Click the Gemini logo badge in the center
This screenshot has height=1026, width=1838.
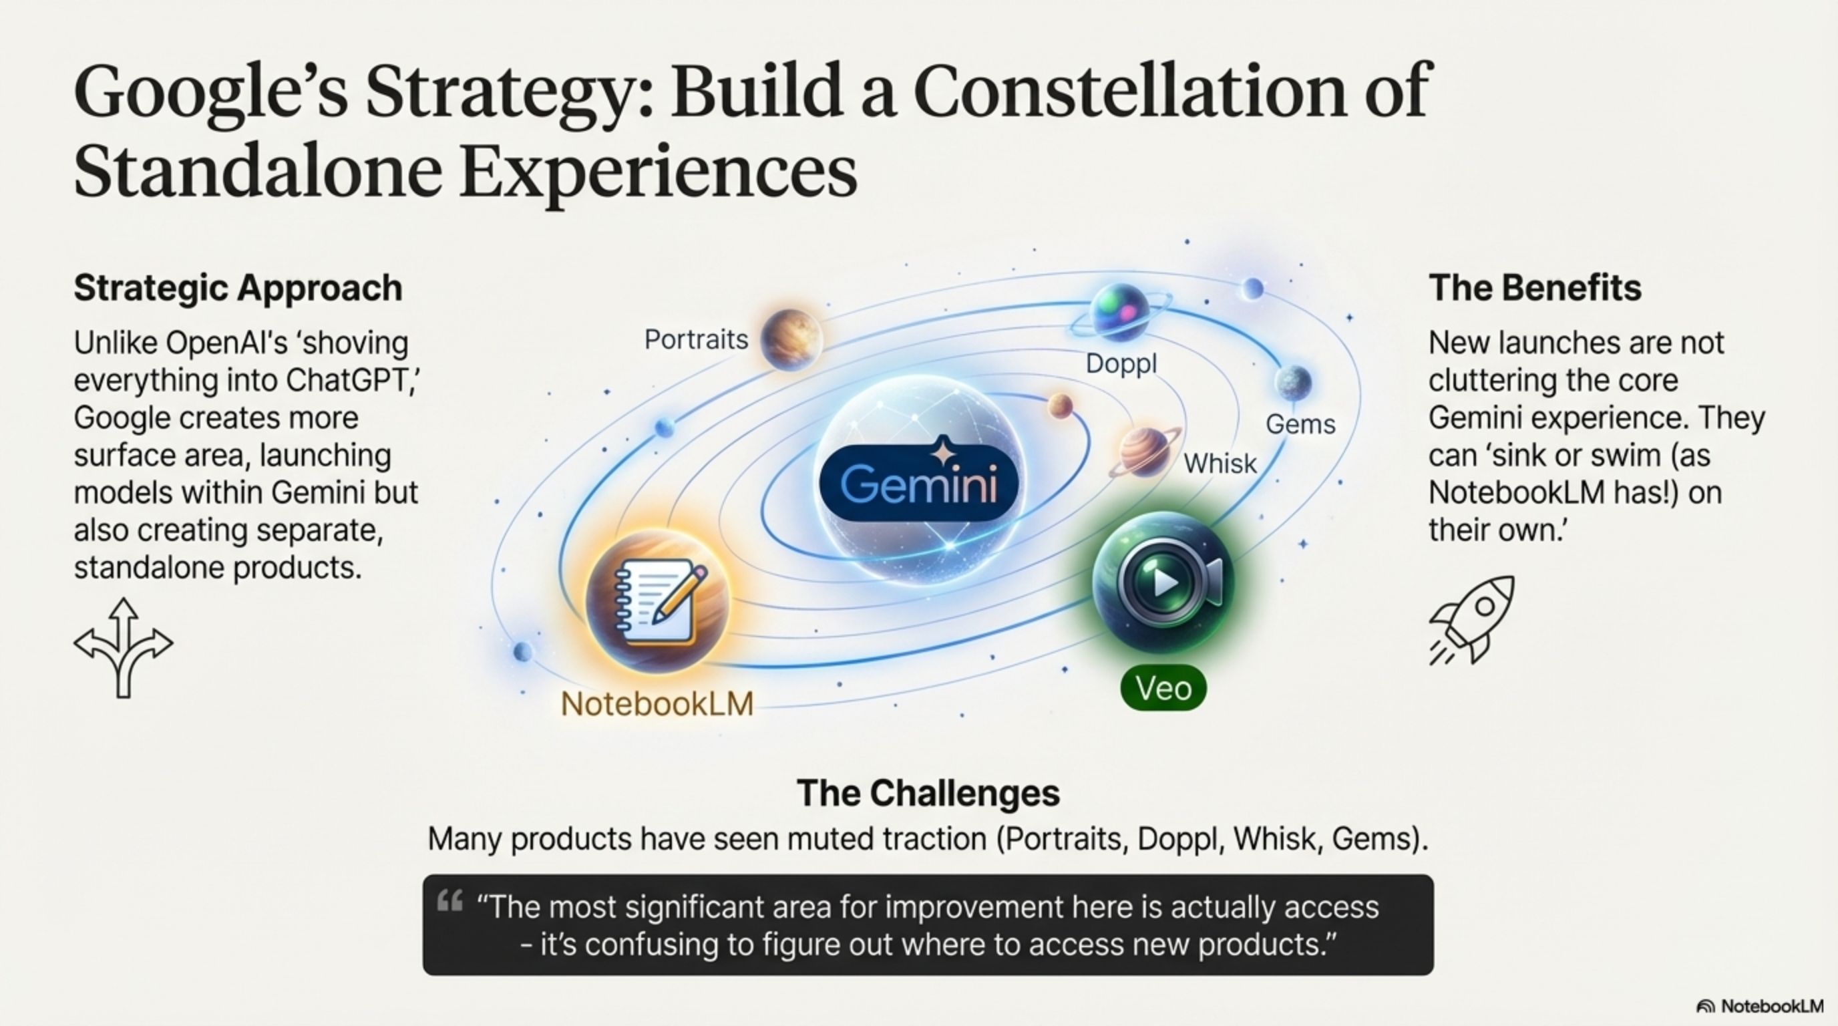click(919, 482)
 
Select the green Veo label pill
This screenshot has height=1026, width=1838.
click(1163, 689)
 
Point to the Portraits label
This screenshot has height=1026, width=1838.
click(697, 339)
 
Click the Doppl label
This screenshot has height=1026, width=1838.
click(1121, 364)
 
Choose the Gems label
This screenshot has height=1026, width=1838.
click(1300, 425)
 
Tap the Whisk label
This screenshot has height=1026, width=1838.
click(1220, 464)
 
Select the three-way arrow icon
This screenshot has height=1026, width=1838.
click(124, 647)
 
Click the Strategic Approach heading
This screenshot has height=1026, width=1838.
click(238, 289)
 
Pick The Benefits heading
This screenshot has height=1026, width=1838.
click(1535, 289)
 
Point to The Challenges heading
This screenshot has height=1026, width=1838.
click(928, 793)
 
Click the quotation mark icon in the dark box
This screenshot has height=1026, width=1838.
click(450, 900)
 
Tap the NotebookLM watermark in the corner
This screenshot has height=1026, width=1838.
click(1759, 1006)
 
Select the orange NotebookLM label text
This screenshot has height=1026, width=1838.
click(657, 704)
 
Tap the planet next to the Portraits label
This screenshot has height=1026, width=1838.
click(791, 339)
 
